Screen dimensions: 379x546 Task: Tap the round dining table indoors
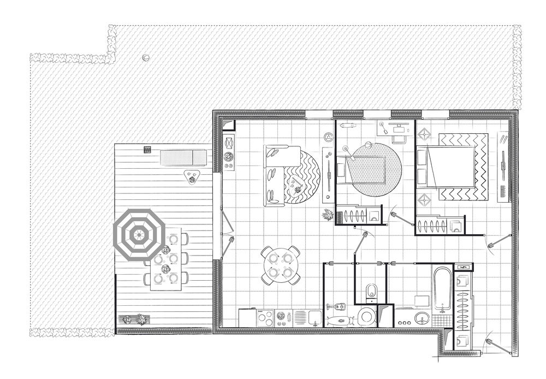tap(280, 265)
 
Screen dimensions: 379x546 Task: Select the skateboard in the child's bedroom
tap(348, 125)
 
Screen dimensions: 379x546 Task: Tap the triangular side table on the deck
tap(191, 177)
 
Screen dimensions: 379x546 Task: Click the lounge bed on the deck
tap(183, 158)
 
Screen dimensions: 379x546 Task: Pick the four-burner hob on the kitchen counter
tap(265, 317)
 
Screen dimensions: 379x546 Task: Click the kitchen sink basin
tap(314, 317)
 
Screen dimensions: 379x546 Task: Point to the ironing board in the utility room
tap(339, 319)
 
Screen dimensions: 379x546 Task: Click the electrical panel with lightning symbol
tap(464, 267)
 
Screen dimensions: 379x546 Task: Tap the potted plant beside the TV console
tap(327, 215)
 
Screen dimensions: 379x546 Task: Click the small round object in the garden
tap(146, 57)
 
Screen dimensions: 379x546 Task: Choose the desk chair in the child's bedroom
tap(399, 138)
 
